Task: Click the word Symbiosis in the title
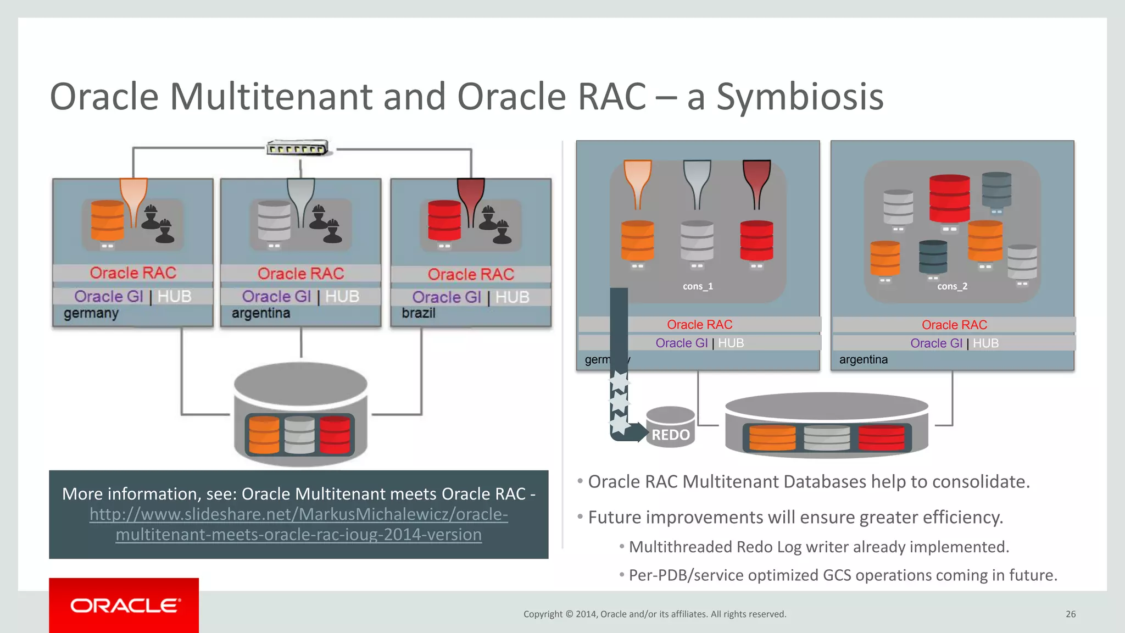pyautogui.click(x=800, y=97)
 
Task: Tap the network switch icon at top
pyautogui.click(x=297, y=148)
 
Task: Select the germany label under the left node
pyautogui.click(x=91, y=314)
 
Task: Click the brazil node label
pyautogui.click(x=419, y=313)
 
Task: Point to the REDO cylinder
pyautogui.click(x=670, y=427)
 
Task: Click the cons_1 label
pyautogui.click(x=698, y=286)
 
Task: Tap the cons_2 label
pyautogui.click(x=952, y=286)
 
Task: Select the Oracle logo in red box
pyautogui.click(x=124, y=606)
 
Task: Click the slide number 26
pyautogui.click(x=1070, y=614)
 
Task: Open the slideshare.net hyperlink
pyautogui.click(x=299, y=524)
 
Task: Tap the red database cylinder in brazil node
pyautogui.click(x=444, y=221)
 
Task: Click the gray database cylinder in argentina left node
pyautogui.click(x=274, y=223)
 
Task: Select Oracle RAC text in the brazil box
pyautogui.click(x=471, y=274)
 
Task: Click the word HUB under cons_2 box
pyautogui.click(x=985, y=343)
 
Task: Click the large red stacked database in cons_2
pyautogui.click(x=949, y=199)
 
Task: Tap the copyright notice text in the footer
pyautogui.click(x=655, y=614)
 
